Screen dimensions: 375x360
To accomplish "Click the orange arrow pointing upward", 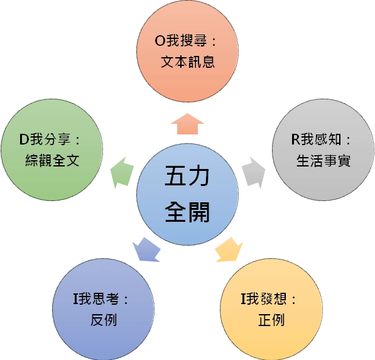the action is pyautogui.click(x=187, y=124).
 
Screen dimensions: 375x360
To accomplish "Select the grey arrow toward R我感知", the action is pyautogui.click(x=254, y=173).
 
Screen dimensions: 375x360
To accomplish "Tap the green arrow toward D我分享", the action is pyautogui.click(x=122, y=173).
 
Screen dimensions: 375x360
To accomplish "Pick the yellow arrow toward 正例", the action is pyautogui.click(x=229, y=249).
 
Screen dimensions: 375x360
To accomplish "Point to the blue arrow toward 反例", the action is pyautogui.click(x=146, y=249).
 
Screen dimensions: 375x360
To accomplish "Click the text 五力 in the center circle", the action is pyautogui.click(x=187, y=176).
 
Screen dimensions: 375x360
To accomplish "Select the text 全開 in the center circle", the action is pyautogui.click(x=187, y=212).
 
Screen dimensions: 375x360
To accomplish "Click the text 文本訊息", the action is pyautogui.click(x=188, y=62).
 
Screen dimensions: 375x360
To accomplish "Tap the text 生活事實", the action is pyautogui.click(x=323, y=160).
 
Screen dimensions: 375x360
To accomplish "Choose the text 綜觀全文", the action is pyautogui.click(x=52, y=160).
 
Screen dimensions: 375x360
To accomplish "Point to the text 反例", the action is pyautogui.click(x=104, y=320).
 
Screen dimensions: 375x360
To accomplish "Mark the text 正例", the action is pyautogui.click(x=271, y=320).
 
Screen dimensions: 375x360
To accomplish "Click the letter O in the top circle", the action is pyautogui.click(x=160, y=41).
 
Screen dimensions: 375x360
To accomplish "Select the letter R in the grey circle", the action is pyautogui.click(x=296, y=139).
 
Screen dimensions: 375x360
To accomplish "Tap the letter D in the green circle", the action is pyautogui.click(x=24, y=139).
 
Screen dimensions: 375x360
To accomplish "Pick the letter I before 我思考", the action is pyautogui.click(x=75, y=299).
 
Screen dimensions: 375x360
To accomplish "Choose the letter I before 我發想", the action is pyautogui.click(x=243, y=299).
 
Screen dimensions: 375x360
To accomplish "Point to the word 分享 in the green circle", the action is pyautogui.click(x=57, y=139).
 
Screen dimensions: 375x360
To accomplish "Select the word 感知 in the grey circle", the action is pyautogui.click(x=328, y=139).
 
